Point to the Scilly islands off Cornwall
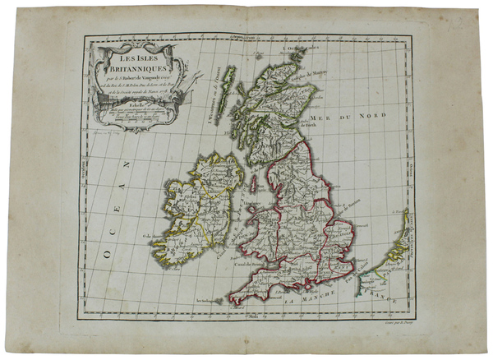click(x=215, y=306)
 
